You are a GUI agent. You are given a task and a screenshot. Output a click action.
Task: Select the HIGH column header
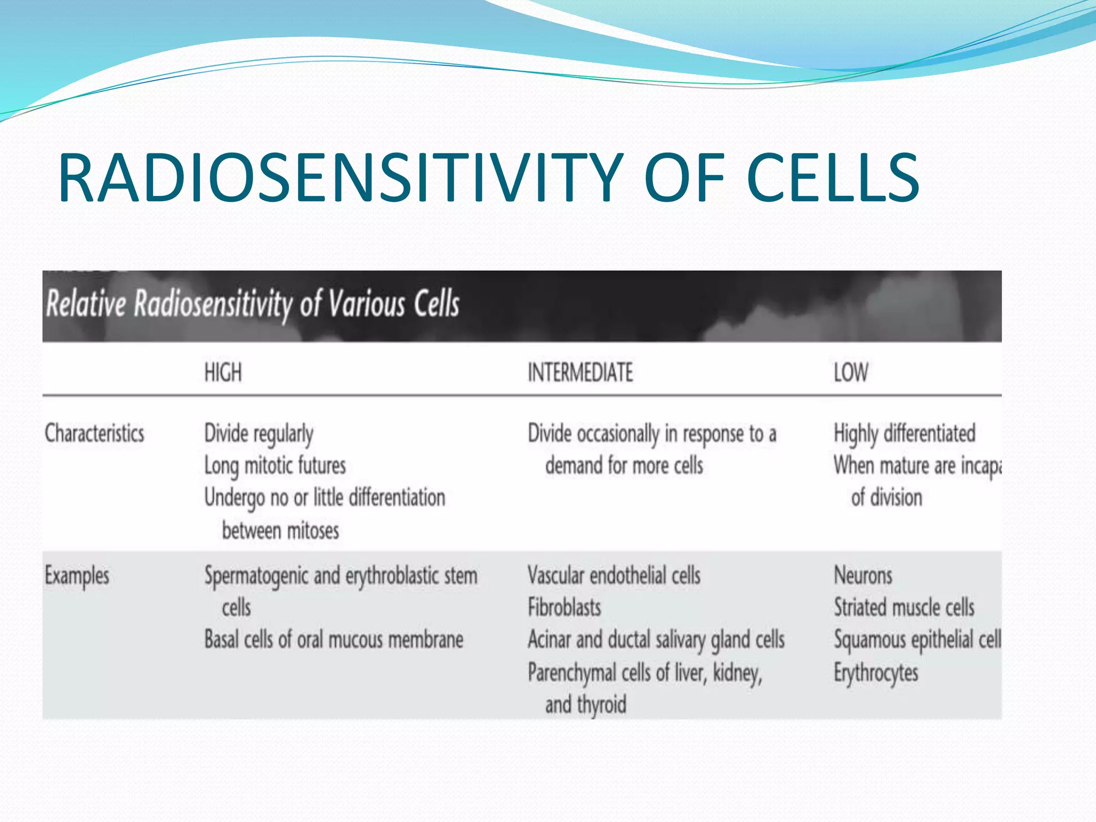click(223, 372)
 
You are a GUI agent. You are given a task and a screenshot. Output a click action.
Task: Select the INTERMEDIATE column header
click(580, 372)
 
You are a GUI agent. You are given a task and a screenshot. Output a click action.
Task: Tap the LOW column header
click(851, 372)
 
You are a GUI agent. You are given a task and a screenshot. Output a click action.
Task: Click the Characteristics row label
click(94, 433)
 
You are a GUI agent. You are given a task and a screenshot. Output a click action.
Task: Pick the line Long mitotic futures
click(275, 466)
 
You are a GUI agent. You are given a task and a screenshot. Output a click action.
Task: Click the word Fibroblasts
click(564, 608)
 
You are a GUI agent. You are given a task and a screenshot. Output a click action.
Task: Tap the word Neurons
click(863, 576)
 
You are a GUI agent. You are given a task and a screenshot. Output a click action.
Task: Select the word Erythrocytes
click(876, 673)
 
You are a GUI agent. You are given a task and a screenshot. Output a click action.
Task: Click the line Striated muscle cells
click(904, 608)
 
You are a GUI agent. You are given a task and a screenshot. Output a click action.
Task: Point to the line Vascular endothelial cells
click(614, 576)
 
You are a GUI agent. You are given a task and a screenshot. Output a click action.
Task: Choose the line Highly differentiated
click(904, 433)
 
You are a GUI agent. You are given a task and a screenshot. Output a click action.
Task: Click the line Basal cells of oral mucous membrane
click(334, 640)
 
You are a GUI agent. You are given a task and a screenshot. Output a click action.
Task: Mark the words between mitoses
click(280, 531)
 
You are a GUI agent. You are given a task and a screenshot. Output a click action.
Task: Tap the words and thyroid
click(585, 705)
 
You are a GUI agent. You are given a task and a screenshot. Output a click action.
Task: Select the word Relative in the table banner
click(86, 304)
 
